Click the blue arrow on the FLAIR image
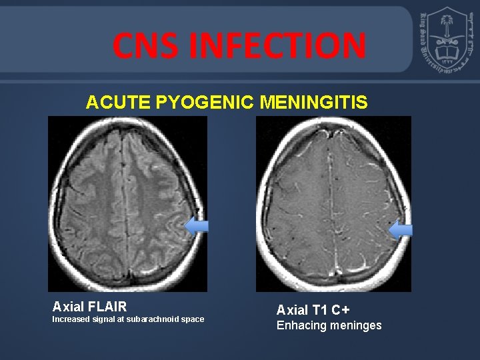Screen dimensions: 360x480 pos(196,227)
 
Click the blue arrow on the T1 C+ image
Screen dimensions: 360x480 pos(400,230)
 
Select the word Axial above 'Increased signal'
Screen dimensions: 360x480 pos(67,307)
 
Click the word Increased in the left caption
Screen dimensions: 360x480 pos(70,319)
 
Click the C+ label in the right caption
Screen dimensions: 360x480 pos(341,310)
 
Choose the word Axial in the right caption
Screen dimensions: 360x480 pos(292,310)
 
